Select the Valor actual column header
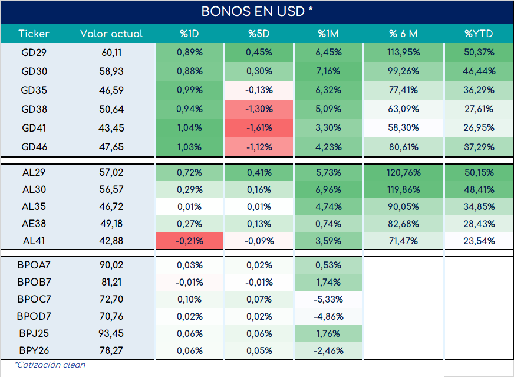point(111,34)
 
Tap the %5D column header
point(259,34)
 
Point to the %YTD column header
point(479,34)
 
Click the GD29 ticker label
point(34,53)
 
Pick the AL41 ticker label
point(34,241)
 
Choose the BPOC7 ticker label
point(34,299)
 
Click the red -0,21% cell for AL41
point(189,241)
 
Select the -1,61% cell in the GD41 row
point(259,128)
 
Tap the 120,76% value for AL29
point(404,173)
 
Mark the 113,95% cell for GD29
point(404,53)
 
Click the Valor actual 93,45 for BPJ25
point(111,333)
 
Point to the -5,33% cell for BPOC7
point(328,299)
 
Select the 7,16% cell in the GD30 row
point(328,71)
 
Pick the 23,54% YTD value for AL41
point(479,241)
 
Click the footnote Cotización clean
point(50,365)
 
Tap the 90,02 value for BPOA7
point(111,265)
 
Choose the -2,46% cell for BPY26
point(328,351)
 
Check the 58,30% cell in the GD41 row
point(404,128)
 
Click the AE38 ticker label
point(34,224)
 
